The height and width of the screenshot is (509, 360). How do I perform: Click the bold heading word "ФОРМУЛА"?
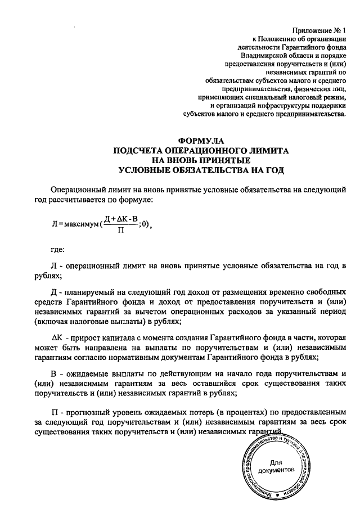coord(201,142)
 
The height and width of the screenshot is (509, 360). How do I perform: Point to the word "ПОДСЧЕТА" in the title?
coord(137,151)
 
